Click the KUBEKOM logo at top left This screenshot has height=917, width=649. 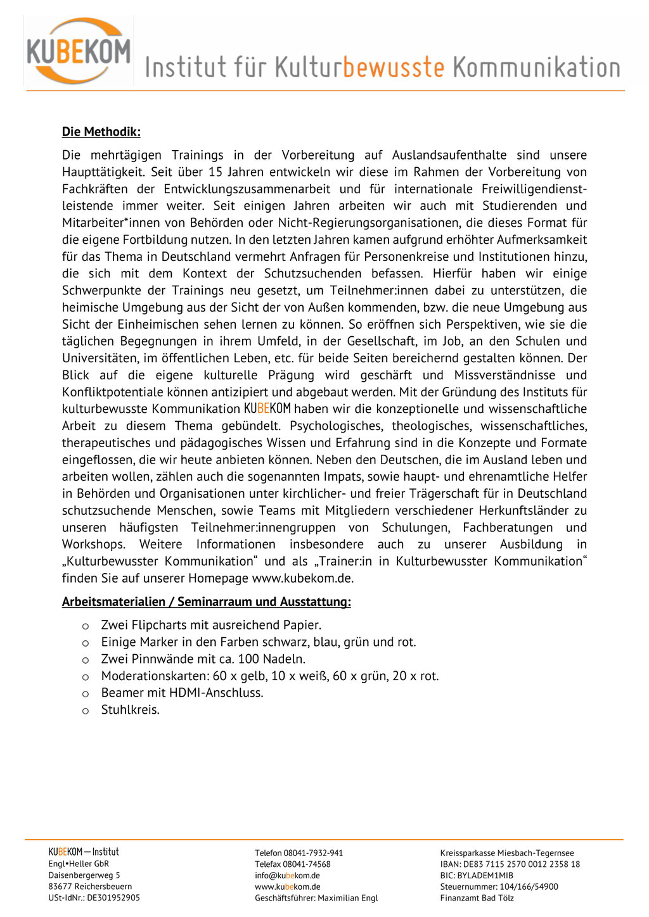pos(79,51)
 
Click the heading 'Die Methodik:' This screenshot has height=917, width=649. pos(101,132)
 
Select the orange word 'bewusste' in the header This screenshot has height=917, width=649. pos(394,67)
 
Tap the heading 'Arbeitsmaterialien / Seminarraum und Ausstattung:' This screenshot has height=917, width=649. pos(206,602)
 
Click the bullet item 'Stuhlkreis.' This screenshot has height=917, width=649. pos(131,710)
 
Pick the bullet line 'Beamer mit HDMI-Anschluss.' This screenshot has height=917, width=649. pos(182,693)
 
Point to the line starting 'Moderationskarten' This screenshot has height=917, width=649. pos(269,676)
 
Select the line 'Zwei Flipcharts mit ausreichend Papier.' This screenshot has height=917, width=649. pos(211,625)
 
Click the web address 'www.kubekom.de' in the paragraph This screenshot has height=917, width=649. pos(302,578)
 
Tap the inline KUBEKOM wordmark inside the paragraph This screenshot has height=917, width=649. pos(267,408)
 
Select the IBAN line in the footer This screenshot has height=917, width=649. pos(510,864)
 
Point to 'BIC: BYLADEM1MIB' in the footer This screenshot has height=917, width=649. pos(477,876)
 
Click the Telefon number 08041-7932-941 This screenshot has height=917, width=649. pos(313,853)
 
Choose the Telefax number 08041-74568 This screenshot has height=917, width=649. pos(307,864)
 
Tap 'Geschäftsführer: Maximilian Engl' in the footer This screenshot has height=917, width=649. pos(316,898)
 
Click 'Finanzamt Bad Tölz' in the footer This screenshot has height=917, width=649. pos(477,898)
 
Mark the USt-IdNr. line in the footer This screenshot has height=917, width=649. pos(94,898)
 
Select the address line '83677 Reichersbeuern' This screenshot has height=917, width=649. pos(90,887)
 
